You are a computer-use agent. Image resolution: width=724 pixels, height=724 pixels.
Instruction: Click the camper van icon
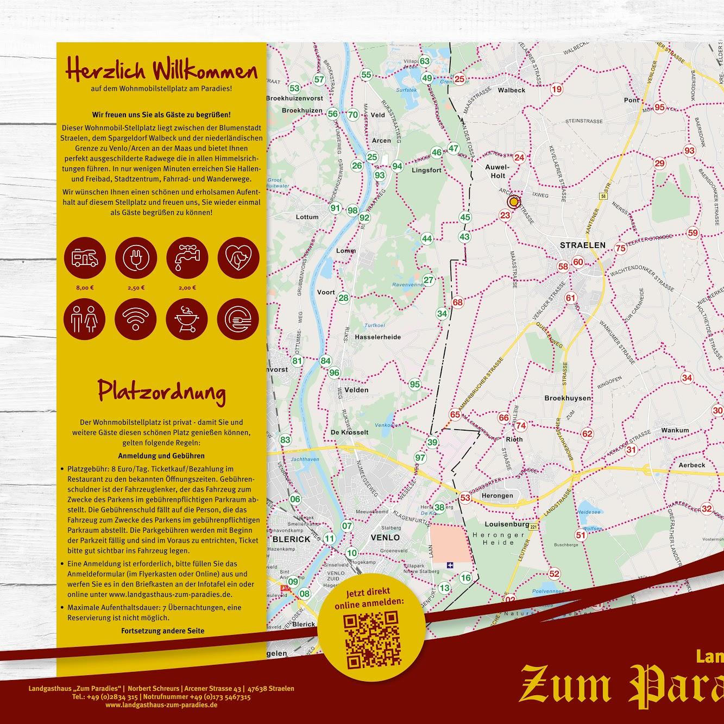point(85,259)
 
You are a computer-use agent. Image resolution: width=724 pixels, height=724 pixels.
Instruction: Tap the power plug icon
point(135,259)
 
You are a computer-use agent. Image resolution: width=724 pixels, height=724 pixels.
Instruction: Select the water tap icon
point(186,259)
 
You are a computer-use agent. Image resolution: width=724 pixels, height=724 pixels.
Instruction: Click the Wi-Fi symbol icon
point(135,318)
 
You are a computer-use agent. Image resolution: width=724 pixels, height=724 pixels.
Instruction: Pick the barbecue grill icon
point(186,318)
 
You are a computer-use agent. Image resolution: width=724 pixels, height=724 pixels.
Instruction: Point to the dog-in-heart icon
point(237,259)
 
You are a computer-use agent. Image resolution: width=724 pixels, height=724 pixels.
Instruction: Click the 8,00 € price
point(85,288)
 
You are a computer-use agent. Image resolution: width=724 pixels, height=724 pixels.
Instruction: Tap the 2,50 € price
point(135,288)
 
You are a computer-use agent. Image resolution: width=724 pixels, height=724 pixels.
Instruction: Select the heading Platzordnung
point(161,391)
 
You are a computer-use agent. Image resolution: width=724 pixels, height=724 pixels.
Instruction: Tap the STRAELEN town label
point(582,245)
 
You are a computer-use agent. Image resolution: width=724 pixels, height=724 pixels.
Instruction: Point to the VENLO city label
point(385,538)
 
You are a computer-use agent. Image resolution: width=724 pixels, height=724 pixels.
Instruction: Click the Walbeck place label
point(511,90)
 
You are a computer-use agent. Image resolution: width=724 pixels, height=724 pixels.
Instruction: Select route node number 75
point(620,248)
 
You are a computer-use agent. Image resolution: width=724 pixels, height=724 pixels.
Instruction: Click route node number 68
point(458,303)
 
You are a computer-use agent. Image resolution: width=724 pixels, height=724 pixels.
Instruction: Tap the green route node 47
point(454,148)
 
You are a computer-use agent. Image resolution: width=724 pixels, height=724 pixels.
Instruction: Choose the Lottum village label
point(307,217)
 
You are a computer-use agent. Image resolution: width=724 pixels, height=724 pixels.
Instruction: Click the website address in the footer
point(161,704)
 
